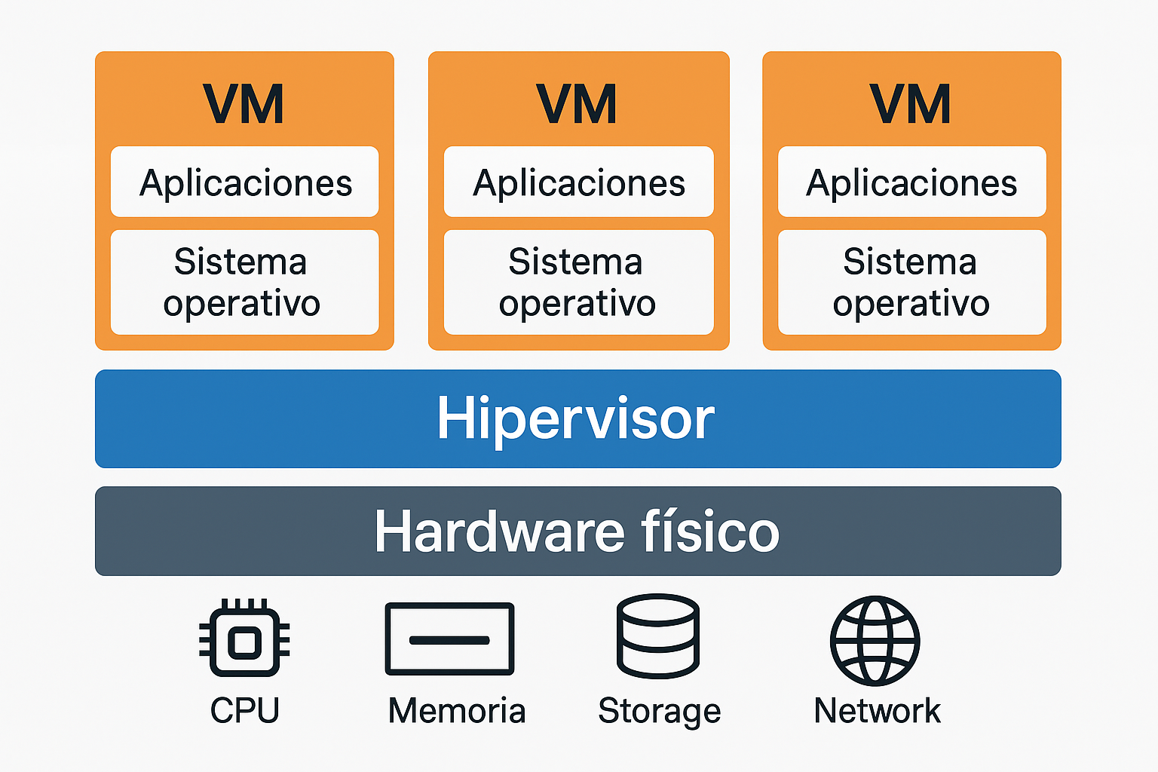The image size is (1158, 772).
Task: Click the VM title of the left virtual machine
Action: [x=244, y=104]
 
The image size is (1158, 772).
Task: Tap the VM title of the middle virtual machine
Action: [x=577, y=104]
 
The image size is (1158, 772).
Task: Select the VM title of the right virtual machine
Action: [x=910, y=104]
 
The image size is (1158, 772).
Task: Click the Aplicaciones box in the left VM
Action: [x=245, y=182]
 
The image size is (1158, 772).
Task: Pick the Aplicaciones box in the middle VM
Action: [x=578, y=182]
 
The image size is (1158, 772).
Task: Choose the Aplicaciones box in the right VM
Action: [x=911, y=182]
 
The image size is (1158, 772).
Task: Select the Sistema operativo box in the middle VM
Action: [x=578, y=282]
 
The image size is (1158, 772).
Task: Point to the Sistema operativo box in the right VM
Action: [x=911, y=282]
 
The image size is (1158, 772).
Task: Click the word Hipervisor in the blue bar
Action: [x=576, y=418]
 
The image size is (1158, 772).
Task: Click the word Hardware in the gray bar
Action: [x=499, y=532]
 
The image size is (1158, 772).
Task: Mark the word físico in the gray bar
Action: [x=710, y=532]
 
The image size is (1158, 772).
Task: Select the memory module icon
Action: [x=449, y=639]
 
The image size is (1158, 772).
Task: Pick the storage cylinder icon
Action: [x=658, y=636]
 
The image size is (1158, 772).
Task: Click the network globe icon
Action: [x=875, y=640]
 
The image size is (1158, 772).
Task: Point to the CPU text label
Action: [x=244, y=710]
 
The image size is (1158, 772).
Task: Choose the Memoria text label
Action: [x=456, y=710]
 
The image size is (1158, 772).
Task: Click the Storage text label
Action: [x=660, y=711]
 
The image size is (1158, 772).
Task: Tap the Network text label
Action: [x=877, y=710]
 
